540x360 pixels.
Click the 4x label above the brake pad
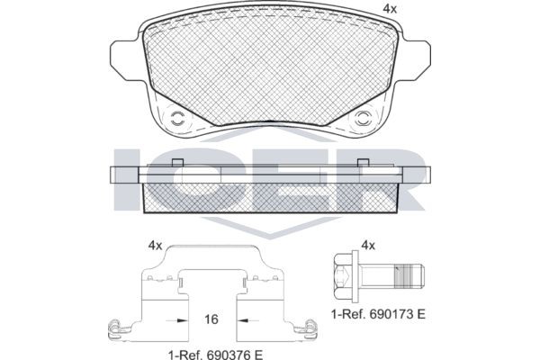pos(389,9)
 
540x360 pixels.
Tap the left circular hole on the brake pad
pos(176,117)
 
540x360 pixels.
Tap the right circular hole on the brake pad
pos(364,117)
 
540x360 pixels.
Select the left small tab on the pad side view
pos(177,162)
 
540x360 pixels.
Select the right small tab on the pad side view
pos(364,162)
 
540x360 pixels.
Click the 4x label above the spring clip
pos(155,245)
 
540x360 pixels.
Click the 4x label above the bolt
pos(367,245)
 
